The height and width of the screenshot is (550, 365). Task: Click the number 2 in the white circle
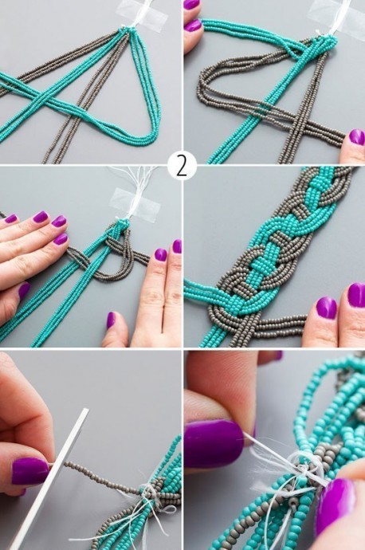coord(182,166)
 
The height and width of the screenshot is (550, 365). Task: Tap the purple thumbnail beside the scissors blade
coord(30,471)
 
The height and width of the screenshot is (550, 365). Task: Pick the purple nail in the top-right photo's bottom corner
coord(357,137)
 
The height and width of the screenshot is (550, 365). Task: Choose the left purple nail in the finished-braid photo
coord(327,308)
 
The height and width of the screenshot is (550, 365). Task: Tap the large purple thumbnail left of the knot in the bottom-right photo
coord(214,444)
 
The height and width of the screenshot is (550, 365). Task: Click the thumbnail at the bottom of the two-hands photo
coord(111,320)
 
